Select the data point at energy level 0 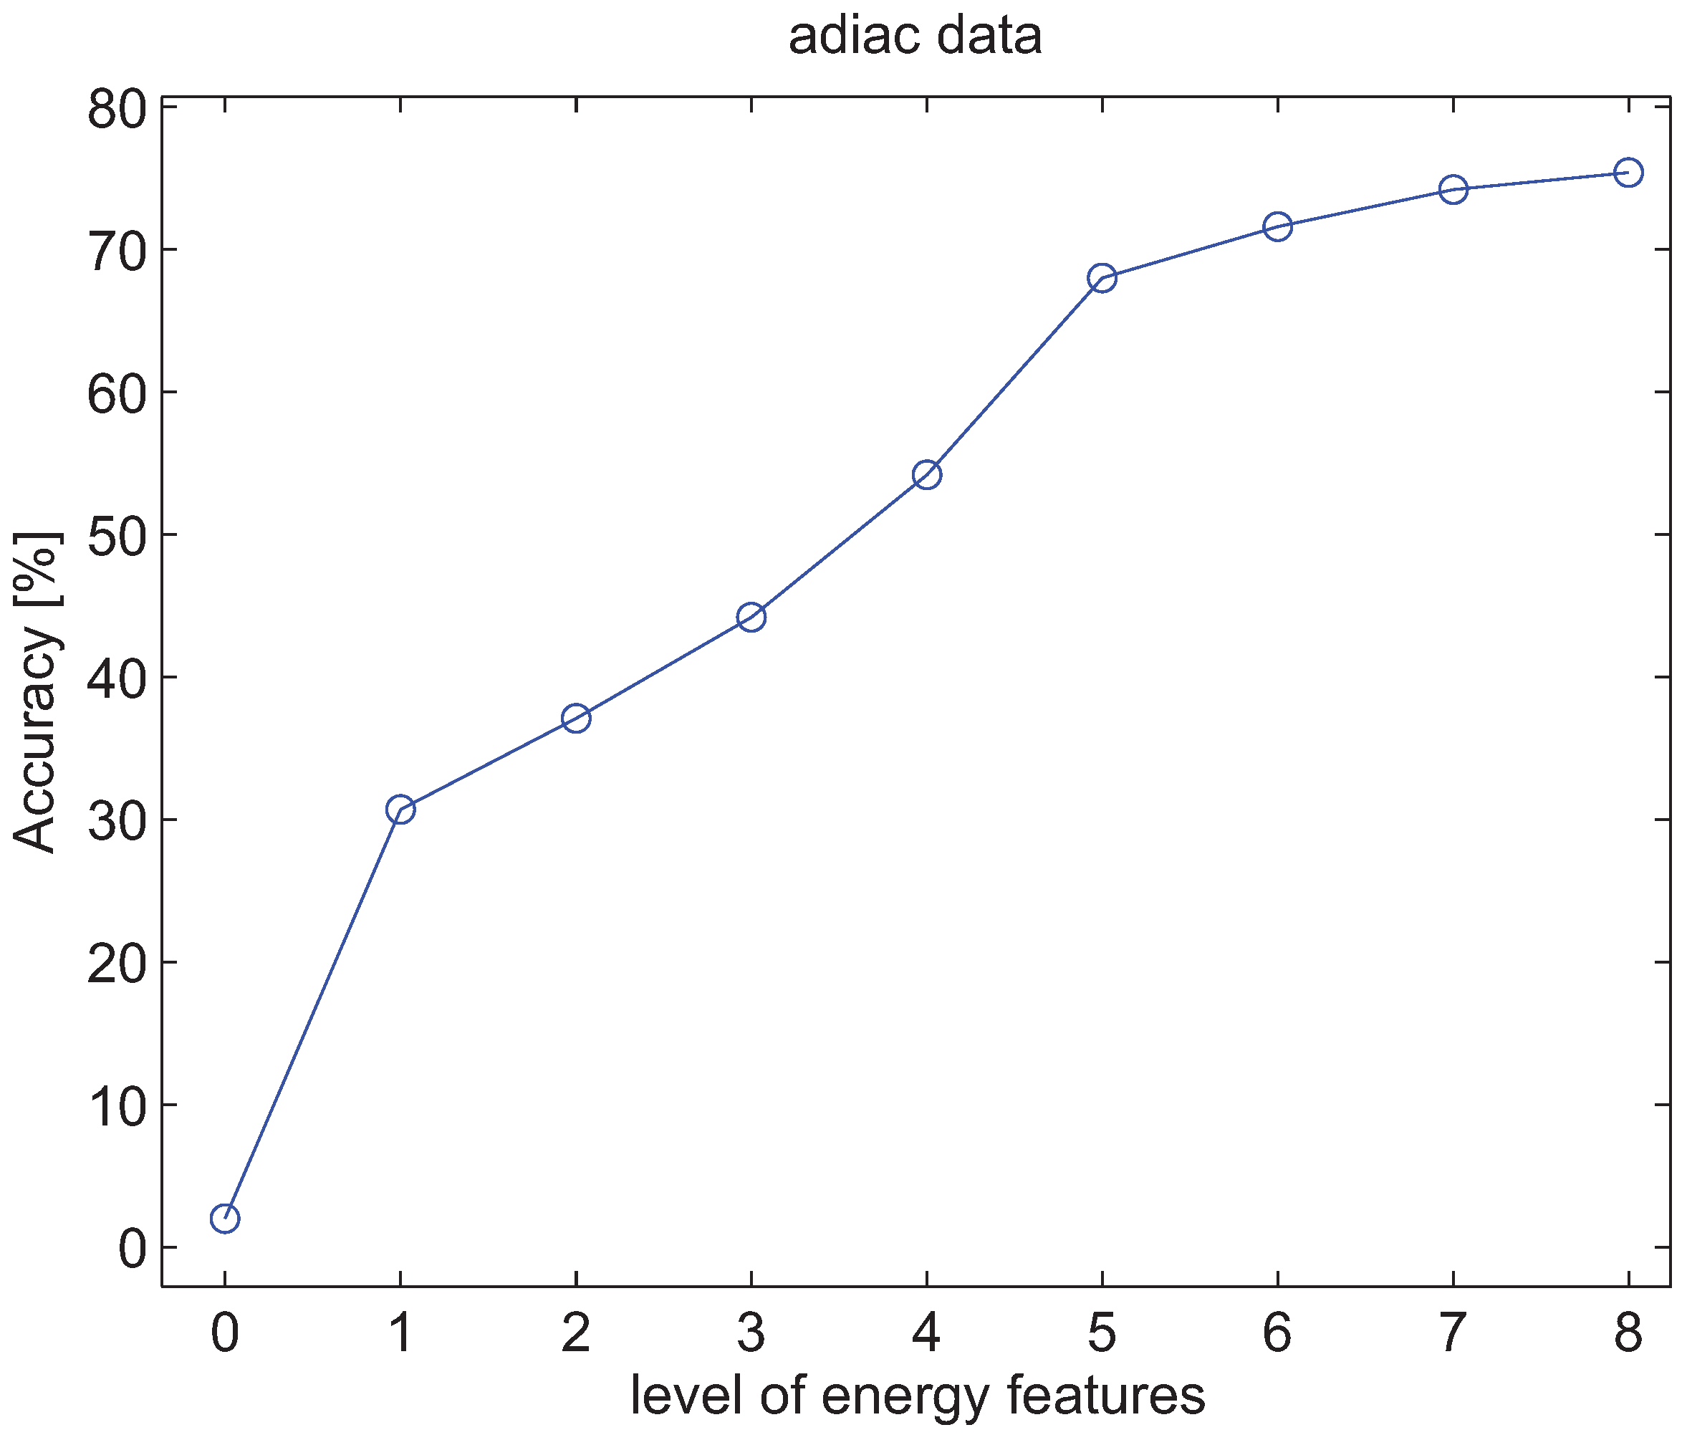click(225, 1219)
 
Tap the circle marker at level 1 click(400, 810)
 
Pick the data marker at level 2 click(576, 719)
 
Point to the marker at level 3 click(751, 618)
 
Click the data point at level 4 click(926, 475)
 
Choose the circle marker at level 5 click(1102, 279)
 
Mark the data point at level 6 click(1277, 226)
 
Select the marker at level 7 click(1453, 190)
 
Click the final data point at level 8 click(1628, 173)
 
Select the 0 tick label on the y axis click(131, 1248)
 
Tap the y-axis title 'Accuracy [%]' click(36, 692)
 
